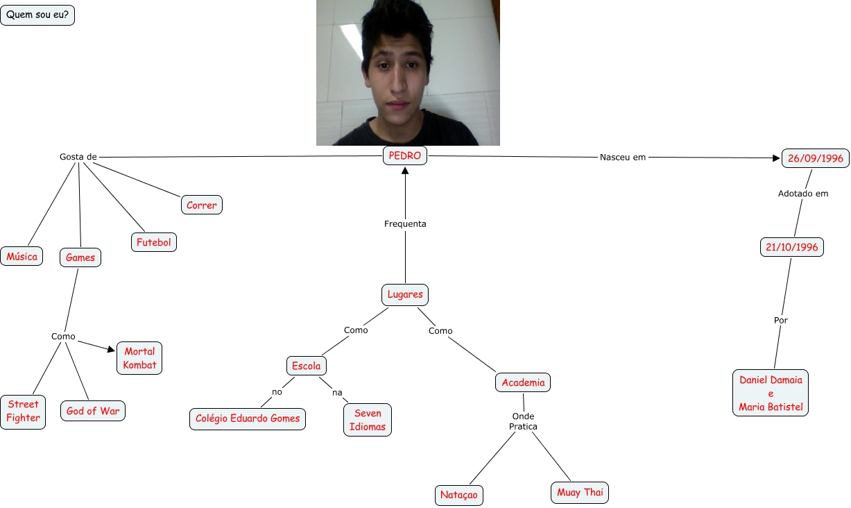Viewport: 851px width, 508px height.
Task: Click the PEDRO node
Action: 405,156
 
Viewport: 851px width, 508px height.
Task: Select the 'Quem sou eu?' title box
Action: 37,15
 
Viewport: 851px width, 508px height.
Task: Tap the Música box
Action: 22,256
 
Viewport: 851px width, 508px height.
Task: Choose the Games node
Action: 80,257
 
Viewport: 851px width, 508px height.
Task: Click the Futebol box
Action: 154,242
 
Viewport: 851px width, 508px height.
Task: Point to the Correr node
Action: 201,205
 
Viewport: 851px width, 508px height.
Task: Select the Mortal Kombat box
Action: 139,358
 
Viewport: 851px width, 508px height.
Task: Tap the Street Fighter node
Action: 23,411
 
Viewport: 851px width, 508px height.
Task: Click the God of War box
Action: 93,411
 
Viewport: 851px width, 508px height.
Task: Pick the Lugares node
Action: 405,294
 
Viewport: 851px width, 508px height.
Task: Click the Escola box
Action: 306,366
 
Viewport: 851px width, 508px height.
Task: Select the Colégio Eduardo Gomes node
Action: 248,418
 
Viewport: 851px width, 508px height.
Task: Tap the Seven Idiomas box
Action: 367,420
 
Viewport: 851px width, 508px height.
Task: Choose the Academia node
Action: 524,382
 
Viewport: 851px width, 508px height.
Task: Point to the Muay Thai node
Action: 580,493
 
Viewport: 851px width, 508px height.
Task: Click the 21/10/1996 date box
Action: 792,247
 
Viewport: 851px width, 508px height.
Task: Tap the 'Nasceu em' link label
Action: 623,158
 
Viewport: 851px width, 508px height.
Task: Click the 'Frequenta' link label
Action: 405,224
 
